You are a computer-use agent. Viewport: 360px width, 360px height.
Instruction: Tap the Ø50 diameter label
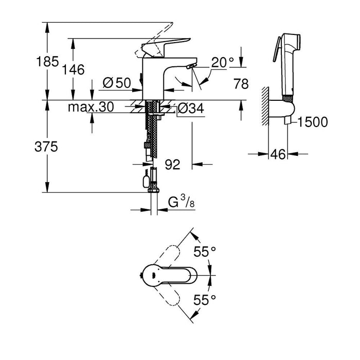click(117, 82)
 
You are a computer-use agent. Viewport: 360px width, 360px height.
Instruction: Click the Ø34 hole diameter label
click(190, 108)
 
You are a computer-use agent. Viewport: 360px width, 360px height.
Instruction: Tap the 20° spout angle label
click(223, 63)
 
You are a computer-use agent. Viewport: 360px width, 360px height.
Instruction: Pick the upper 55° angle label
click(205, 253)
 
